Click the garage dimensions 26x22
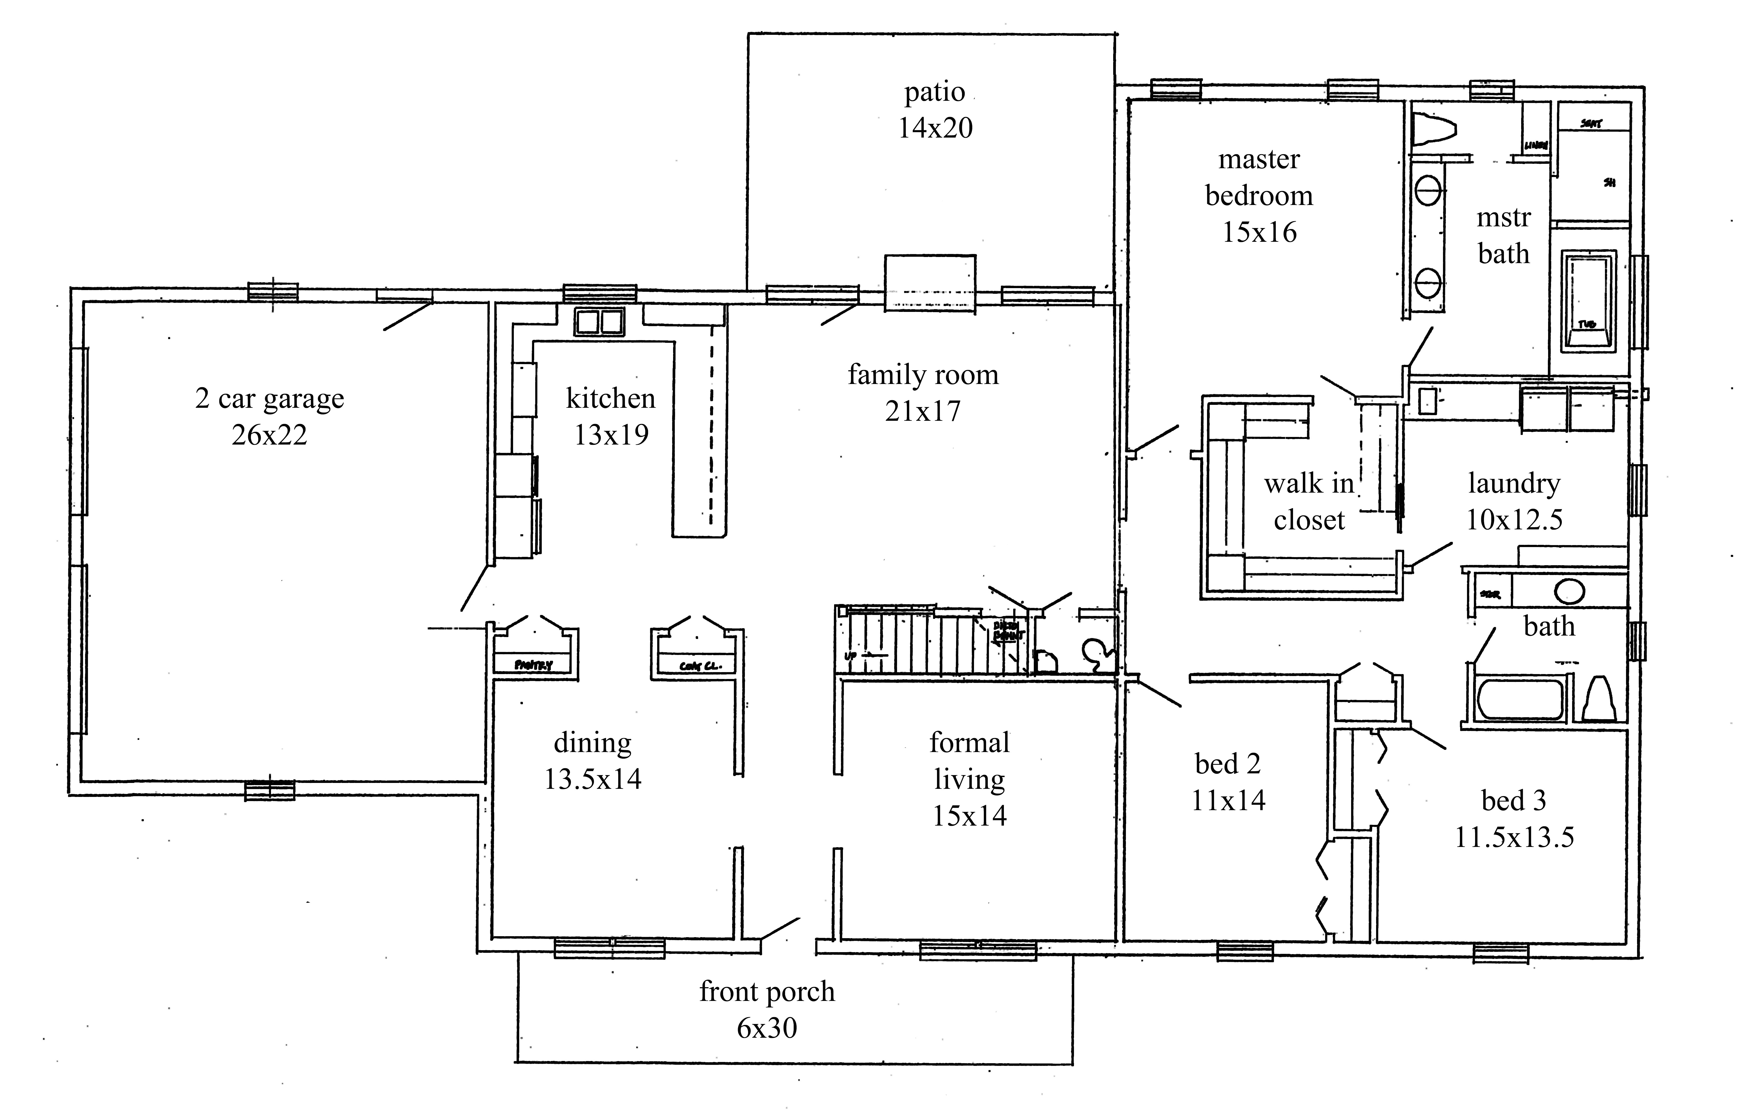click(x=269, y=435)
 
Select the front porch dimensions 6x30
click(x=766, y=1027)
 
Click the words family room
click(x=923, y=375)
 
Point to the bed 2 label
click(x=1227, y=763)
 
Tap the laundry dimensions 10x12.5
click(x=1514, y=519)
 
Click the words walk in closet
click(x=1308, y=501)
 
